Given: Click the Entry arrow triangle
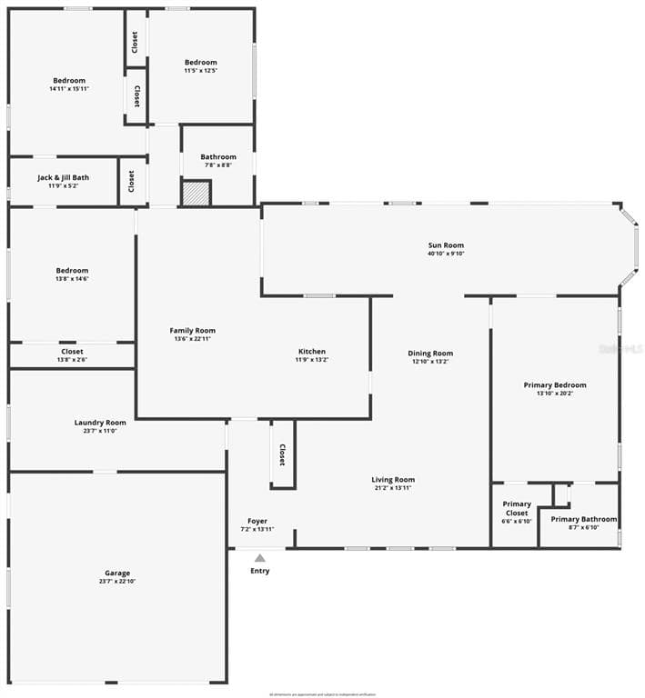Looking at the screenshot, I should (x=259, y=558).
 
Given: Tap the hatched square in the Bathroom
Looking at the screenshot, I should (x=196, y=193).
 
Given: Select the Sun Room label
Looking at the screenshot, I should (x=446, y=245).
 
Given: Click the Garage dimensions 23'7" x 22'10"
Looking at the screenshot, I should (x=116, y=582).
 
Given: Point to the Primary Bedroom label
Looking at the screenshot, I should (x=555, y=384).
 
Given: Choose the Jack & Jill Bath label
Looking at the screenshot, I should (x=63, y=177).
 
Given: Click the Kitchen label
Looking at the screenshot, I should (x=311, y=352).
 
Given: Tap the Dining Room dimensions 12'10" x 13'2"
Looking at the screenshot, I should (x=430, y=362).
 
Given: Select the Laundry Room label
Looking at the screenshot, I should (x=100, y=423).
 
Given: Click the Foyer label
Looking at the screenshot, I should (x=257, y=522).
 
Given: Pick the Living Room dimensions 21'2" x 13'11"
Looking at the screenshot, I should (x=393, y=488).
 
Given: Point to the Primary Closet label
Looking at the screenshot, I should (x=517, y=508).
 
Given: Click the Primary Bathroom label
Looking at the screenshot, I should (x=583, y=519).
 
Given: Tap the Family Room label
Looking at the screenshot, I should (x=193, y=330).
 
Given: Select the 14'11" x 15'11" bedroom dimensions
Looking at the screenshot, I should (x=69, y=89).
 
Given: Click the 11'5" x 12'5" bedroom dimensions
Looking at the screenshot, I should (x=201, y=70).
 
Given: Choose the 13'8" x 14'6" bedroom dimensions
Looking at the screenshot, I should (x=72, y=279).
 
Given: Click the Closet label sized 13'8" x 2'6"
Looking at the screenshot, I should (x=72, y=352).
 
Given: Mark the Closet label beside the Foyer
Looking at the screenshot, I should (x=282, y=454).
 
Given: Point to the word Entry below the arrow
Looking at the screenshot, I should (x=260, y=571).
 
